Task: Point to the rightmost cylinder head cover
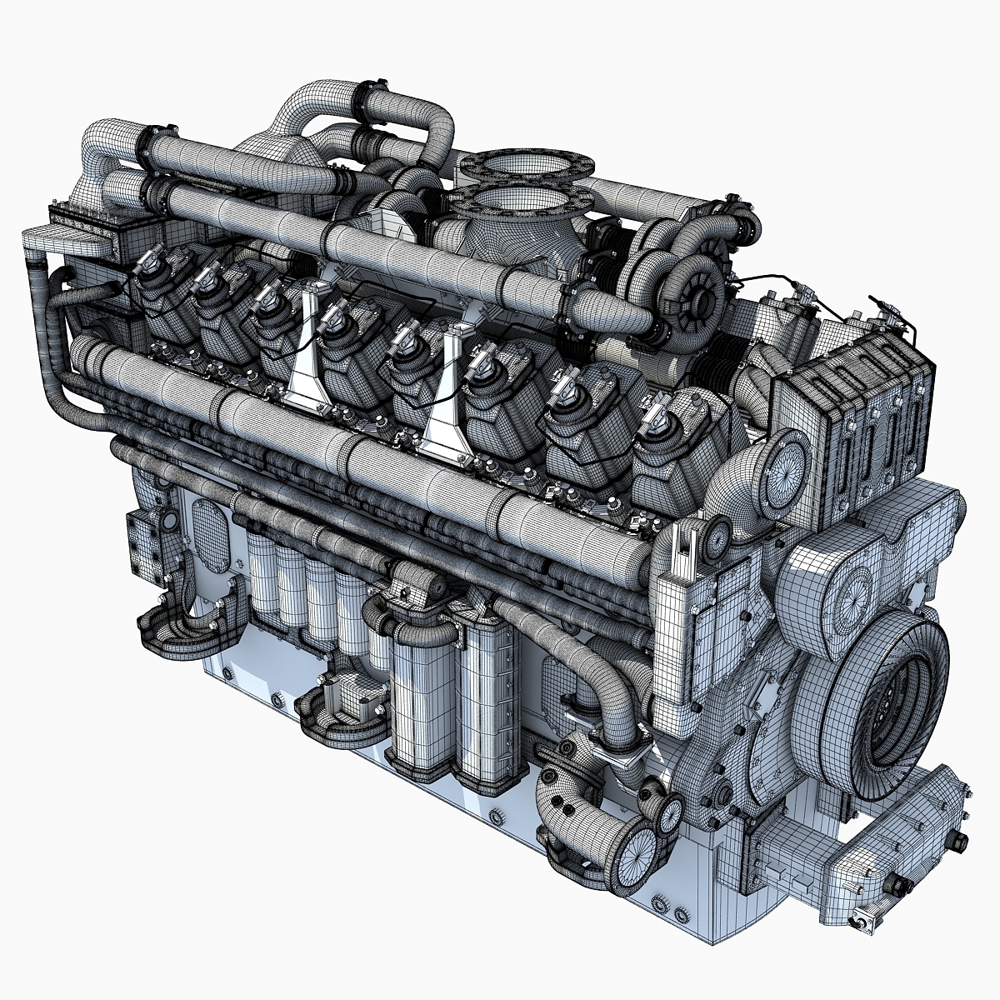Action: pos(675,450)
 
